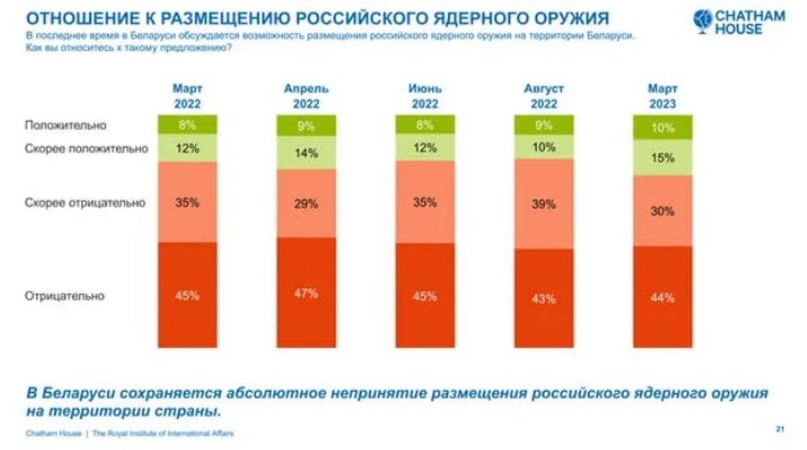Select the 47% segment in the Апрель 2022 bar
(306, 292)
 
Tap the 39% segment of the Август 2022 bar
(544, 203)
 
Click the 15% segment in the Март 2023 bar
(663, 157)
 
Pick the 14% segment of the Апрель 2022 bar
(306, 152)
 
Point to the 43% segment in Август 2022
(544, 298)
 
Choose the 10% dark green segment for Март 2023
(663, 127)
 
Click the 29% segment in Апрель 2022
(306, 202)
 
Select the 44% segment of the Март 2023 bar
(663, 297)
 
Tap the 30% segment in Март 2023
(663, 210)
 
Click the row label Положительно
(66, 125)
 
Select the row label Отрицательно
(64, 295)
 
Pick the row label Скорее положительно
(86, 148)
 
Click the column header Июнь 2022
(424, 96)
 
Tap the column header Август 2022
(544, 96)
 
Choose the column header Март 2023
(663, 96)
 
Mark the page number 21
(780, 429)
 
